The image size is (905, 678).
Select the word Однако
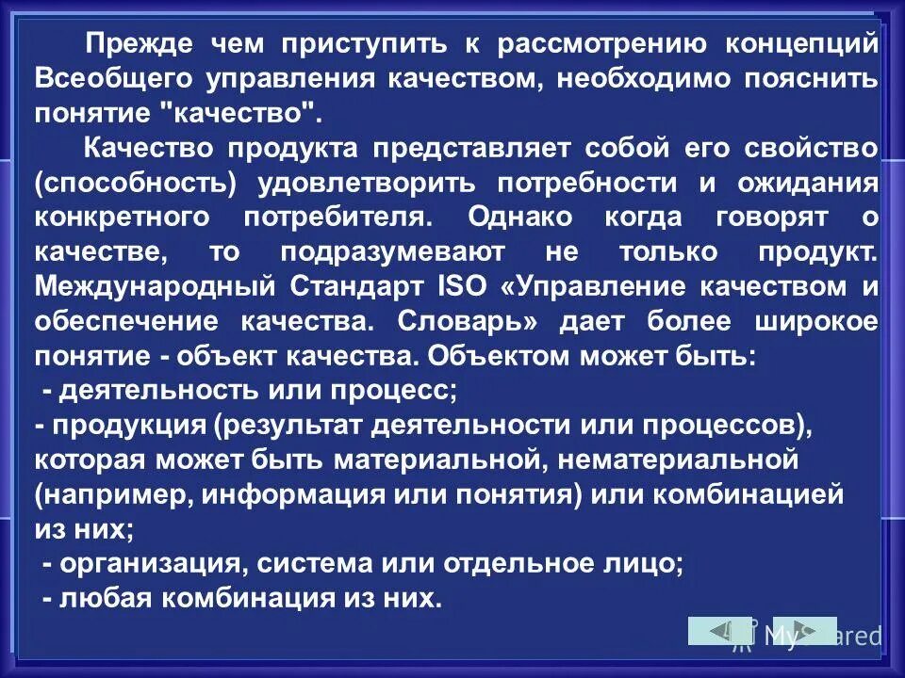518,218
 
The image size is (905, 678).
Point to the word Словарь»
468,321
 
